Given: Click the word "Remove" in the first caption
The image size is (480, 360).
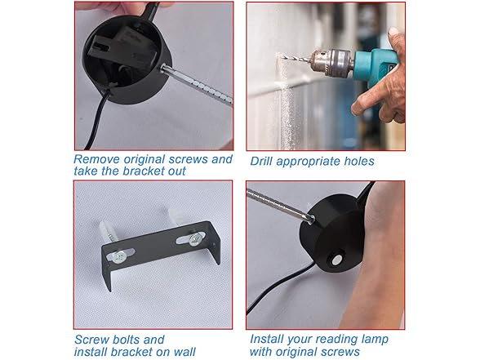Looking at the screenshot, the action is click(97, 159).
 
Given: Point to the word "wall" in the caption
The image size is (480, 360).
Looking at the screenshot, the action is click(183, 351).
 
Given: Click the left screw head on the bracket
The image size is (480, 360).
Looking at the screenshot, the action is click(119, 256).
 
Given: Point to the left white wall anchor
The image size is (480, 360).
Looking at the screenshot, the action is click(106, 234).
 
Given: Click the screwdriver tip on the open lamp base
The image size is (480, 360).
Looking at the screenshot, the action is click(162, 69).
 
